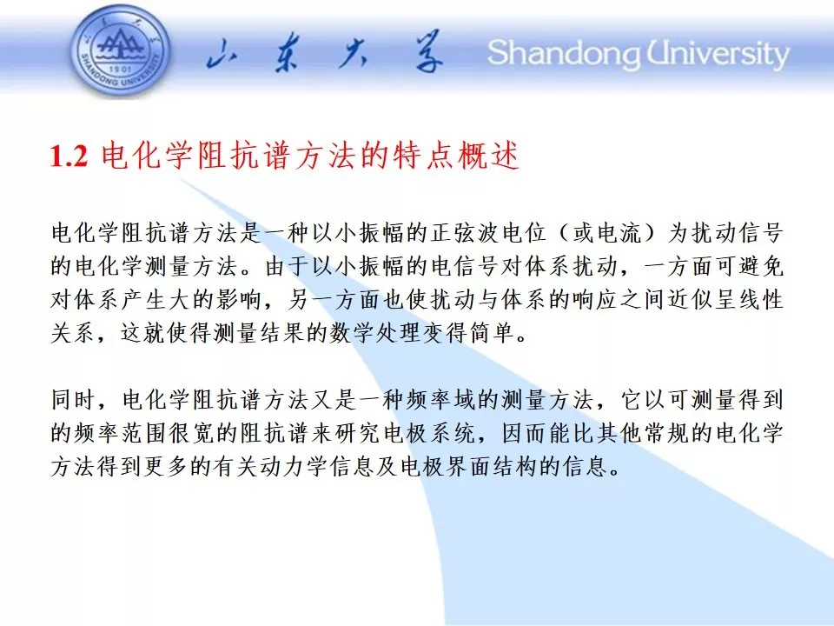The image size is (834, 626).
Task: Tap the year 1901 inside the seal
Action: tap(121, 70)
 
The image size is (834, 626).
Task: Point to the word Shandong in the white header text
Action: tap(564, 54)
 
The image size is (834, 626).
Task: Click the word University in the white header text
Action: tap(718, 54)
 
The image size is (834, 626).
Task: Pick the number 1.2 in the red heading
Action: tap(69, 156)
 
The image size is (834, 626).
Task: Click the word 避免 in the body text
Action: tap(761, 266)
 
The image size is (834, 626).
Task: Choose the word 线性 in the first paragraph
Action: tap(761, 300)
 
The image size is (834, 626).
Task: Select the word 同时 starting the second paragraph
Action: tap(73, 400)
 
